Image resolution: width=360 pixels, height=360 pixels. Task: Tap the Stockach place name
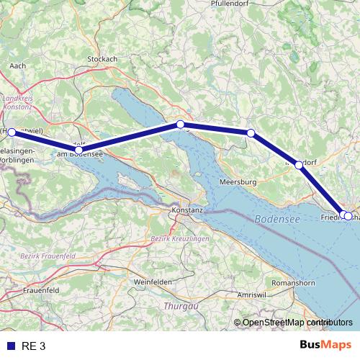point(102,58)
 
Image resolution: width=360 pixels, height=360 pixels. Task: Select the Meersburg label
point(238,183)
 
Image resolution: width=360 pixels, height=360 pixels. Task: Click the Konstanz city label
point(188,210)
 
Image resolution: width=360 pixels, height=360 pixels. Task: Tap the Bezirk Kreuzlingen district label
point(179,238)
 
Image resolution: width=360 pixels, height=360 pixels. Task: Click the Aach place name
point(17,65)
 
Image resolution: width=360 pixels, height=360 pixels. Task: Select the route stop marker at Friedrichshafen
point(348,215)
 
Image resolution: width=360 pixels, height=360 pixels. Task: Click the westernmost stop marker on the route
point(12,132)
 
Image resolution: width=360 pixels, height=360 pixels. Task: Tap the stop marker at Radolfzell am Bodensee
point(78,150)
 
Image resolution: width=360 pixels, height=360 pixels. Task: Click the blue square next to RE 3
point(10,346)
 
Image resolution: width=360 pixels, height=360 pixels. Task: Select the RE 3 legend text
point(34,346)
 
